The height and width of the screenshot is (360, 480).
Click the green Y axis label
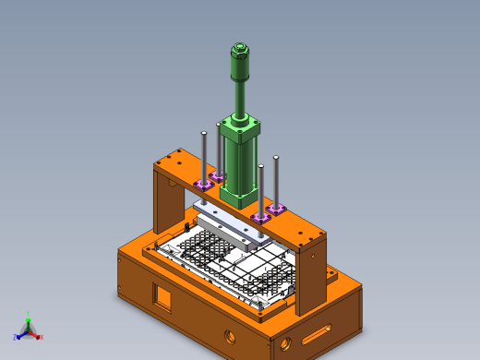(29, 314)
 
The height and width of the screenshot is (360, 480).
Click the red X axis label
(41, 337)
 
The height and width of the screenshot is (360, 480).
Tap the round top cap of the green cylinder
(239, 48)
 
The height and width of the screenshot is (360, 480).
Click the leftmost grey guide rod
(204, 157)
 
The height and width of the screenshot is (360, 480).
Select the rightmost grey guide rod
(276, 180)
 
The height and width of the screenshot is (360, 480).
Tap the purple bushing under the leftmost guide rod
(203, 186)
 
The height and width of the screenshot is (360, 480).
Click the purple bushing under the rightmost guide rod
(276, 210)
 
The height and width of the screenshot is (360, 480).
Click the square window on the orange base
(162, 297)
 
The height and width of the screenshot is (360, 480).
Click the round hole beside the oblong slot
(285, 344)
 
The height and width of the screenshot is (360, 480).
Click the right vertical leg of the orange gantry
(310, 277)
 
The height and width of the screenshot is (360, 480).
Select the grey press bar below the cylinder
(226, 226)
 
